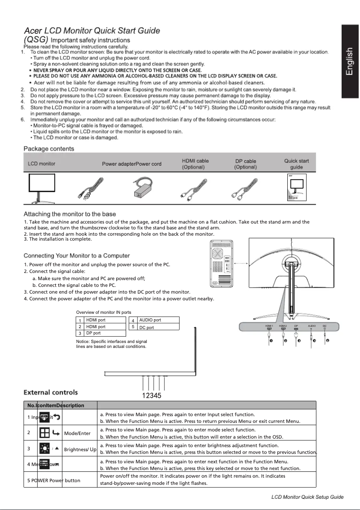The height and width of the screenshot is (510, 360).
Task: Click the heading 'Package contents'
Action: pos(49,149)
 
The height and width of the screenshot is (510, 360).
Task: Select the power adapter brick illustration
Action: pos(143,188)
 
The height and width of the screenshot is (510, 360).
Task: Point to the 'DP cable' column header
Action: pos(246,161)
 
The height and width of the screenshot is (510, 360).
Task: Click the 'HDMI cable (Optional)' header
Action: pos(195,164)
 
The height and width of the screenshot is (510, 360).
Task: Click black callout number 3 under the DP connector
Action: pos(299,341)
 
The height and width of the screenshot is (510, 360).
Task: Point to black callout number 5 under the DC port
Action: pos(328,341)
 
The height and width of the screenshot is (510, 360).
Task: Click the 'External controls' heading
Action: pos(50,393)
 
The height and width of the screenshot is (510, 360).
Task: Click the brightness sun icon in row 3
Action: pos(44,449)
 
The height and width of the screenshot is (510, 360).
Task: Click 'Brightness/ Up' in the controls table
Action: pos(80,449)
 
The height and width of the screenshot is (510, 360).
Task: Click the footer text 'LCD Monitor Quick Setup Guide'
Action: pos(307,497)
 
